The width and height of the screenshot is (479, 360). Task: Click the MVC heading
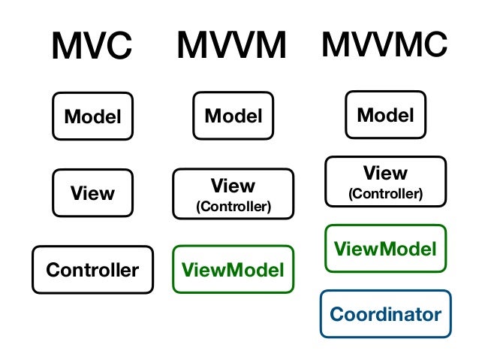pos(92,48)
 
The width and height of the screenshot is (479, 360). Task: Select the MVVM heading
pos(232,47)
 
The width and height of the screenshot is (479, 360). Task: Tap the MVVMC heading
pos(384,45)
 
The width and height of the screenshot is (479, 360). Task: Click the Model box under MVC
pos(92,117)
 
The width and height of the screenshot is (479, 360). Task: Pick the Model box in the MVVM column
pos(233,116)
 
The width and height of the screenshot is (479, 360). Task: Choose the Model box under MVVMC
pos(385,115)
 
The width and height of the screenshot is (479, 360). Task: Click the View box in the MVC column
pos(92,193)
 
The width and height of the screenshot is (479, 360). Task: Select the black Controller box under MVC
pos(92,270)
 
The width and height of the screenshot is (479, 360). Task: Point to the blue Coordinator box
pos(385,314)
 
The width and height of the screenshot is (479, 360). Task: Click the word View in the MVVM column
pos(233,185)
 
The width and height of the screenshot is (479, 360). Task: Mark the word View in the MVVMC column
pos(385,173)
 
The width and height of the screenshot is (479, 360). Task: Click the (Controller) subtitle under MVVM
pos(233,206)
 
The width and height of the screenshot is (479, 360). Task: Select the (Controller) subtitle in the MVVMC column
pos(385,194)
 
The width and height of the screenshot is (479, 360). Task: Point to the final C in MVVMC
pos(433,45)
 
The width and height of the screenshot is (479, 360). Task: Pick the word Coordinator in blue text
pos(385,314)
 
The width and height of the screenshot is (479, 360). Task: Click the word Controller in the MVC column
pos(92,270)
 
